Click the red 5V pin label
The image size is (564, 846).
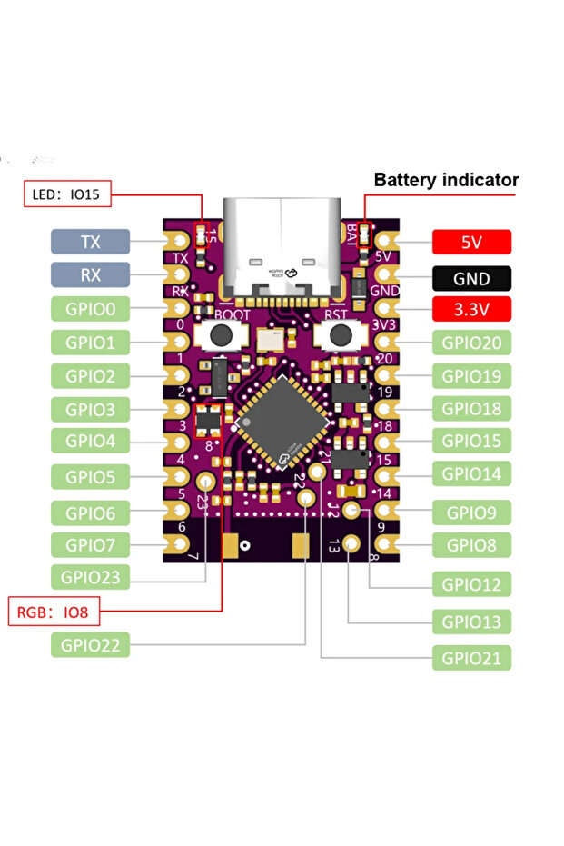[471, 242]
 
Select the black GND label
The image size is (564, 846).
[471, 278]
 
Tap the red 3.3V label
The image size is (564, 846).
[471, 309]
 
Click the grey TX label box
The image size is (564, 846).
[91, 241]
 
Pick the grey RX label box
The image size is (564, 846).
[91, 274]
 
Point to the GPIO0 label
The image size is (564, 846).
[91, 308]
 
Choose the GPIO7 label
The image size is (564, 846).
[91, 545]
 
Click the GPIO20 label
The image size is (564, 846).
[471, 343]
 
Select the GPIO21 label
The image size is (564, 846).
[471, 658]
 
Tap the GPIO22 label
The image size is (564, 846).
[91, 645]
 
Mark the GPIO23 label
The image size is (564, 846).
[91, 576]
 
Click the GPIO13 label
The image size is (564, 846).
[471, 622]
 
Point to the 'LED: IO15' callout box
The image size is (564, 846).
[66, 194]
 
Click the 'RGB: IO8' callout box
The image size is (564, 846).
[52, 612]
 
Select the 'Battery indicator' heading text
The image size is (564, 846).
[446, 180]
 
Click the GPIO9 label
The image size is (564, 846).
[471, 513]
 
